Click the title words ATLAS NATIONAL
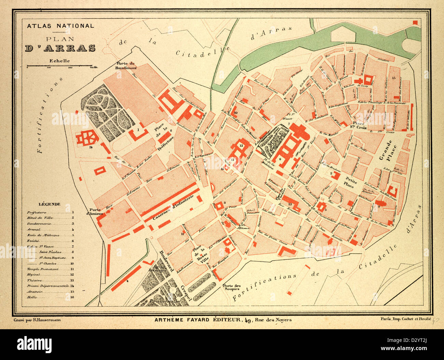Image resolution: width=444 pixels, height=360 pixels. point(60,26)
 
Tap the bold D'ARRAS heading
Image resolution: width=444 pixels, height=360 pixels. point(60,48)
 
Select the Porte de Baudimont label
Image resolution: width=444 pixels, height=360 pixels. point(126,66)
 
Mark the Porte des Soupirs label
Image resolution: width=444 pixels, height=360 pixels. point(231,288)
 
